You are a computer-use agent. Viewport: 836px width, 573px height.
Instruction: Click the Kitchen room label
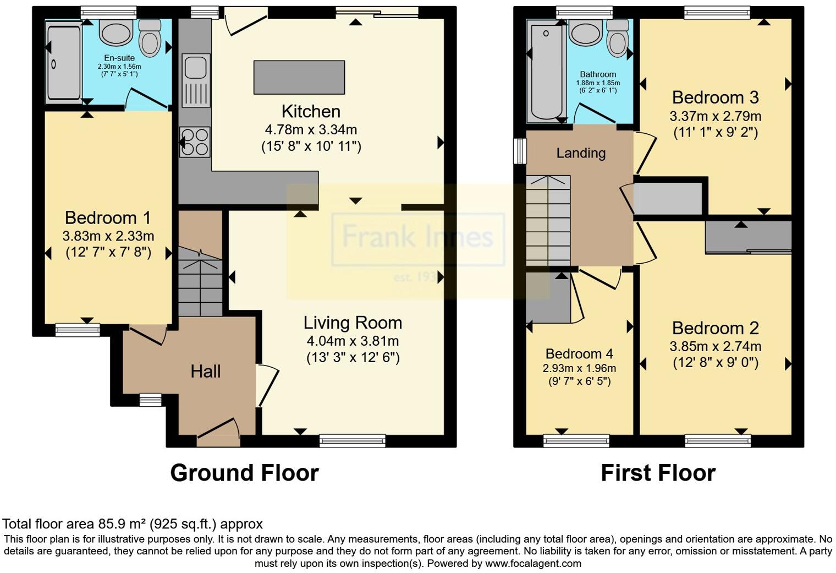click(x=311, y=112)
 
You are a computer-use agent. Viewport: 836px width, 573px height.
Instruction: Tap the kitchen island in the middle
click(x=299, y=77)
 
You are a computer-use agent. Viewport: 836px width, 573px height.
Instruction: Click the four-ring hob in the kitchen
click(x=195, y=141)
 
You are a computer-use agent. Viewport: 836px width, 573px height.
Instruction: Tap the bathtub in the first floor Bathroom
click(x=544, y=72)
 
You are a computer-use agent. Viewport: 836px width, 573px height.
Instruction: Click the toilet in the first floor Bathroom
click(x=618, y=37)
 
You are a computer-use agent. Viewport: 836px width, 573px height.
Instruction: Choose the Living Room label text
click(x=353, y=323)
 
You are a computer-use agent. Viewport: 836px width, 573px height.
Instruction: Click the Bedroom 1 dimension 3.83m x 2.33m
click(x=108, y=236)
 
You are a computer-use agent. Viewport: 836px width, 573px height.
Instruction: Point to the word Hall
click(x=206, y=372)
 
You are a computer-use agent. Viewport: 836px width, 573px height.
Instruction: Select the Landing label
click(x=581, y=153)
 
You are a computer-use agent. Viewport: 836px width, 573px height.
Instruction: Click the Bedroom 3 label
click(x=715, y=97)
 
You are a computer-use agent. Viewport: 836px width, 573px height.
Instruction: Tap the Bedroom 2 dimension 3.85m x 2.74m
click(x=715, y=346)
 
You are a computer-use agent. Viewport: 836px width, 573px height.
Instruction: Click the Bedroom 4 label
click(x=579, y=354)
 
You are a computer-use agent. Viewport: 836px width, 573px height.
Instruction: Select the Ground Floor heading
click(x=244, y=473)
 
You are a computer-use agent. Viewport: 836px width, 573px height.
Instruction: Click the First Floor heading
click(x=658, y=473)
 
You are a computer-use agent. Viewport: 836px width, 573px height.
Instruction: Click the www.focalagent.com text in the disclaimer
click(x=533, y=564)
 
